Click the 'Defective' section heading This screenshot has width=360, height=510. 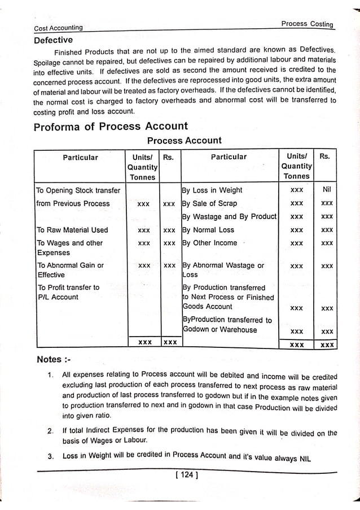click(x=53, y=40)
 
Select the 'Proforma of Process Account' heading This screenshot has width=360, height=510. click(x=111, y=126)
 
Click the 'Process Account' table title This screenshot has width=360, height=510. click(x=185, y=140)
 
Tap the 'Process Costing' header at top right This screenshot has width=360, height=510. click(x=307, y=24)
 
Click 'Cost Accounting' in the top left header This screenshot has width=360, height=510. click(x=58, y=28)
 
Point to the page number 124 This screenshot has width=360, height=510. click(x=185, y=476)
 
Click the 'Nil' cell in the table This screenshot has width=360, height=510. click(x=326, y=190)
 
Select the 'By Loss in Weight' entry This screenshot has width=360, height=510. click(x=212, y=190)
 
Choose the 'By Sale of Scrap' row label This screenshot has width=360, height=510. click(x=209, y=203)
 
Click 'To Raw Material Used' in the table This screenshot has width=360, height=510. click(x=72, y=230)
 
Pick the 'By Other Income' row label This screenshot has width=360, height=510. click(x=210, y=243)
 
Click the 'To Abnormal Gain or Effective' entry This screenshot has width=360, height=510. click(x=70, y=270)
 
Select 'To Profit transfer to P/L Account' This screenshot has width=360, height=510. click(x=68, y=292)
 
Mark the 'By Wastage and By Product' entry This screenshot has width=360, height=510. click(x=229, y=216)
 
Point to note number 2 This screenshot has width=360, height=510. click(x=50, y=432)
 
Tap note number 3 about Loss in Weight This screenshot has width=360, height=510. click(x=50, y=456)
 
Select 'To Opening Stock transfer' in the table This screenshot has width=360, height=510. click(x=78, y=190)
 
